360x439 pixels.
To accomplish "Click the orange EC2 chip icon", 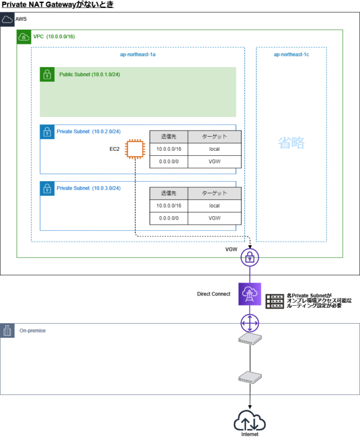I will [x=134, y=150].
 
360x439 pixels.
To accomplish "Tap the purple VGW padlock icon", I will [x=249, y=258].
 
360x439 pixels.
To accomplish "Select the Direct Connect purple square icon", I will [x=249, y=293].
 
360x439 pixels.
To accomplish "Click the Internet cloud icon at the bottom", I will [x=249, y=422].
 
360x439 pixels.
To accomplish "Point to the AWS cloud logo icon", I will [x=7, y=20].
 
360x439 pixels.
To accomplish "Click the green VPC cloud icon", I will [x=24, y=37].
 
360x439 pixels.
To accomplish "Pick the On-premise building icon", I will [x=7, y=330].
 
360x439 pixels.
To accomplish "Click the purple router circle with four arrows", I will [x=249, y=323].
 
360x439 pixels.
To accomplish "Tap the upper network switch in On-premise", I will [x=249, y=339].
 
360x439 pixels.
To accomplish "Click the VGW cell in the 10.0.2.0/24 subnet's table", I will [x=214, y=162].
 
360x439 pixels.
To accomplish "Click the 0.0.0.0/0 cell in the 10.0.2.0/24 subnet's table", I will [x=168, y=162].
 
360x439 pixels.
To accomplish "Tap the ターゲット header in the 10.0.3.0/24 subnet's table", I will [x=214, y=193].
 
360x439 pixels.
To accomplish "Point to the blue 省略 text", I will [x=291, y=143].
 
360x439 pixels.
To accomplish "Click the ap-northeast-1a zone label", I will [x=137, y=55].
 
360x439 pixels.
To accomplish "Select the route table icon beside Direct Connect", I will [x=276, y=300].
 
